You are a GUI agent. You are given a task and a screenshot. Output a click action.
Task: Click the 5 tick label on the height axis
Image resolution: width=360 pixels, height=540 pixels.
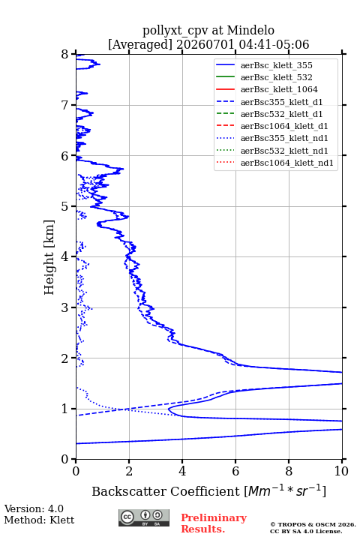[65, 207]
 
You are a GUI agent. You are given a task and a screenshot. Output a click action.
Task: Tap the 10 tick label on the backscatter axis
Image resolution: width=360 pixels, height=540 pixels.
[341, 471]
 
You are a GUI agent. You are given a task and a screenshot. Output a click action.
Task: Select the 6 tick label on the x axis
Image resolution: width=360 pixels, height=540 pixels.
[235, 471]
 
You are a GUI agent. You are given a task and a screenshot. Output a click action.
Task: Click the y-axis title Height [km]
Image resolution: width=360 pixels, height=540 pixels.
[49, 257]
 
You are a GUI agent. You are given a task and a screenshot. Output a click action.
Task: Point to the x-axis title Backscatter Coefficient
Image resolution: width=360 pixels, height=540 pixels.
[165, 491]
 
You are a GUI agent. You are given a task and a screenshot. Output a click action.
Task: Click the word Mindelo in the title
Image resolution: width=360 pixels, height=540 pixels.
[250, 30]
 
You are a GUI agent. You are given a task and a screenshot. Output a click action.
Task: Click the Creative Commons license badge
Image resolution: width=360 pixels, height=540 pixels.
[144, 517]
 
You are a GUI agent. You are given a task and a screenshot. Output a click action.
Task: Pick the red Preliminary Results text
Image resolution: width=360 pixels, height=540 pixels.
[214, 523]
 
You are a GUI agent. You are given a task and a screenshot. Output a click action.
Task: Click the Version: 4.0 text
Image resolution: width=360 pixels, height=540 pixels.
[34, 509]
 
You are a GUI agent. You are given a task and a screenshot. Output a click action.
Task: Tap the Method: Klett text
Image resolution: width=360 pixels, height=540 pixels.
[39, 520]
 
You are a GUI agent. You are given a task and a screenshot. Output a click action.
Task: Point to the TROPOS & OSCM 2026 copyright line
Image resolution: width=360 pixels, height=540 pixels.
[313, 525]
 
